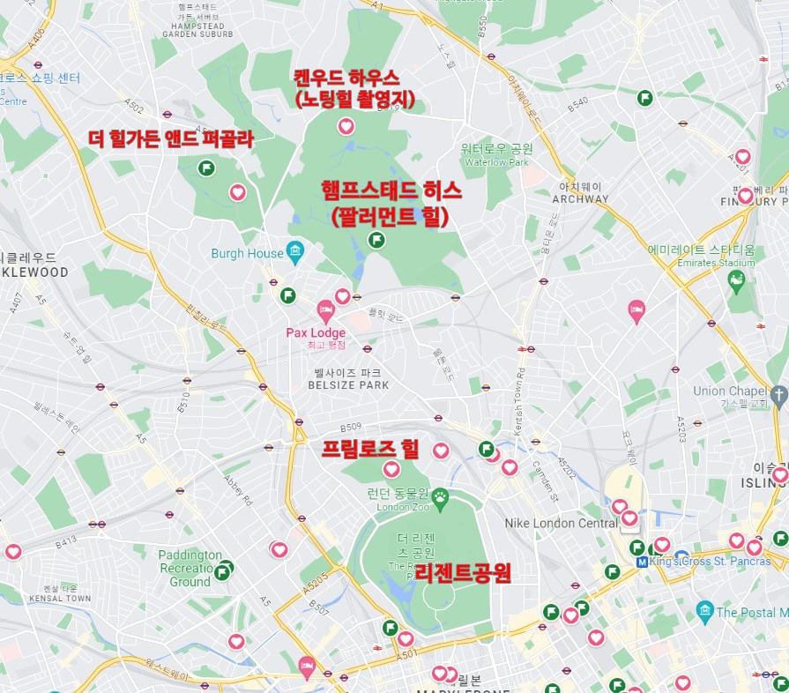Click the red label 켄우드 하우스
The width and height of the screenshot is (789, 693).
[346, 78]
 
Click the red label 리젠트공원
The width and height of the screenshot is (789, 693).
[463, 574]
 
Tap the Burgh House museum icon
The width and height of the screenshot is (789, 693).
[295, 253]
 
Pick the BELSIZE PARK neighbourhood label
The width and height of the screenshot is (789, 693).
[350, 385]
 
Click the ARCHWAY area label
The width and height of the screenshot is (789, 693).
[580, 198]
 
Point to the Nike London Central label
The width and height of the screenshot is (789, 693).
[561, 523]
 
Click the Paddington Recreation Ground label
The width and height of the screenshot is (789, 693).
[190, 568]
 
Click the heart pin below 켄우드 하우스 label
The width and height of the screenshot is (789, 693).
[346, 126]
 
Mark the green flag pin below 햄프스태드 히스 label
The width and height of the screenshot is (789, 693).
[376, 239]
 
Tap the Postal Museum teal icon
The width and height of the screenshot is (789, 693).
[704, 610]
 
